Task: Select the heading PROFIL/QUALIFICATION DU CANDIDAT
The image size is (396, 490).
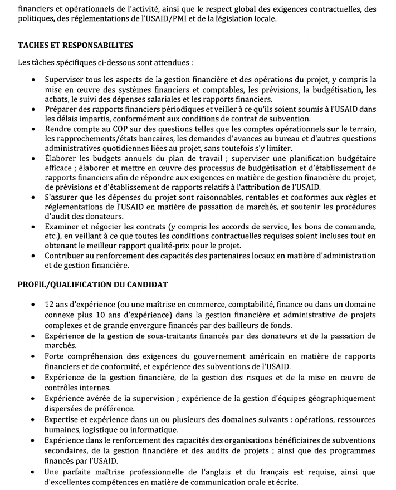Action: coord(91,285)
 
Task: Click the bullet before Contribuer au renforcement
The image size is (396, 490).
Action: coord(36,257)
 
